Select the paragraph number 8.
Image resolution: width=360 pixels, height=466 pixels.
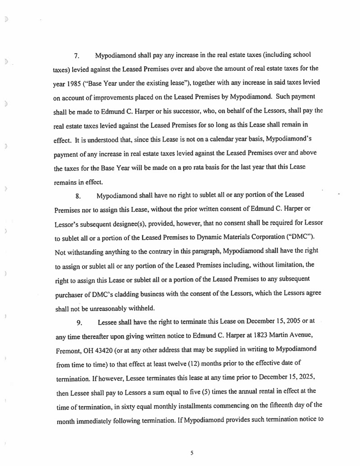coord(77,196)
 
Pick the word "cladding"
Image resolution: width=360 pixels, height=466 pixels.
coord(106,294)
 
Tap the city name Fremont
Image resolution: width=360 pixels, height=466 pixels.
coord(69,349)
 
